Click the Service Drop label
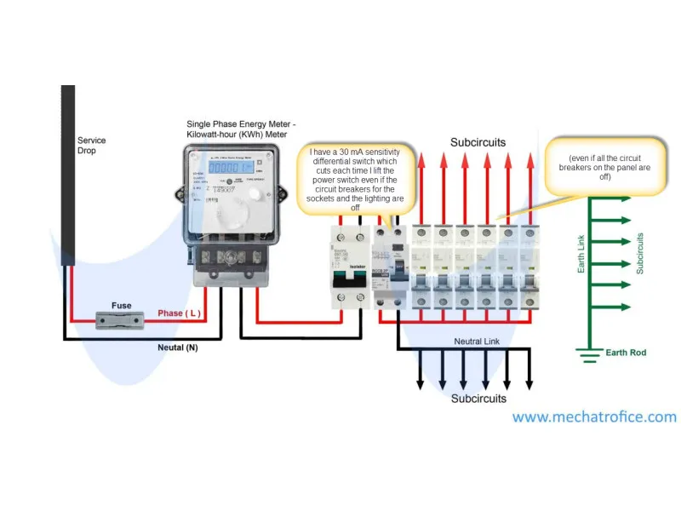[87, 145]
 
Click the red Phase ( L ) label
[179, 313]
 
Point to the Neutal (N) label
[178, 347]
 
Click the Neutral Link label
[478, 342]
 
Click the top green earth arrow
[610, 198]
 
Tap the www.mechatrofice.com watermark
[594, 417]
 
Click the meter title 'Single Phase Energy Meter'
[241, 129]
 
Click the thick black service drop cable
[68, 170]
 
